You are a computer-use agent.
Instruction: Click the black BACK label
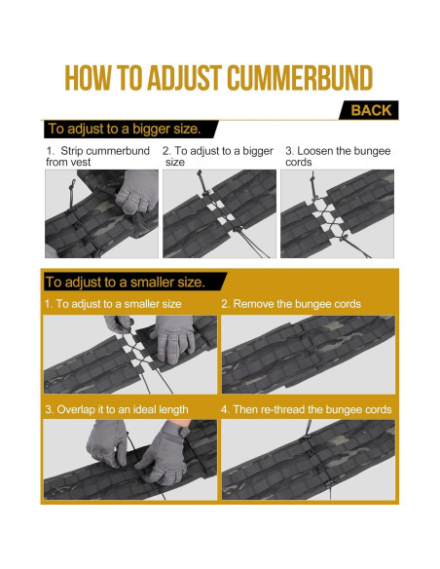coord(369,110)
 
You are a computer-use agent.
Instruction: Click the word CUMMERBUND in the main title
coord(300,78)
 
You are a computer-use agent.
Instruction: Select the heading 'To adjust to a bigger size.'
coord(125,129)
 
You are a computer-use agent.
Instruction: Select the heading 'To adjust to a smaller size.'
coord(125,282)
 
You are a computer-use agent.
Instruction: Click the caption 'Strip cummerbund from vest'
coord(98,156)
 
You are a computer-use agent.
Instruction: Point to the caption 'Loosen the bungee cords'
coord(338,156)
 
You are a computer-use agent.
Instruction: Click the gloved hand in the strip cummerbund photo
coord(137,191)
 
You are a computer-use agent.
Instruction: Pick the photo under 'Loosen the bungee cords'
coord(337,213)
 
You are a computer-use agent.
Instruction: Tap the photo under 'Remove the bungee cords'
coord(308,355)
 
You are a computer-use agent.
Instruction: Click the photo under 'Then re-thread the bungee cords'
coord(308,460)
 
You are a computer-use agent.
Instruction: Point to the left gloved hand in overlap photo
coord(107,442)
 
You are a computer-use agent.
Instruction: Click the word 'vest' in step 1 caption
coord(81,162)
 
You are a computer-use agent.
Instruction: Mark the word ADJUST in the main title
coord(185,78)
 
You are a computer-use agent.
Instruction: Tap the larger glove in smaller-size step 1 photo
coord(173,339)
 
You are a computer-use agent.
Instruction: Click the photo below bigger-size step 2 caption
coord(219,213)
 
